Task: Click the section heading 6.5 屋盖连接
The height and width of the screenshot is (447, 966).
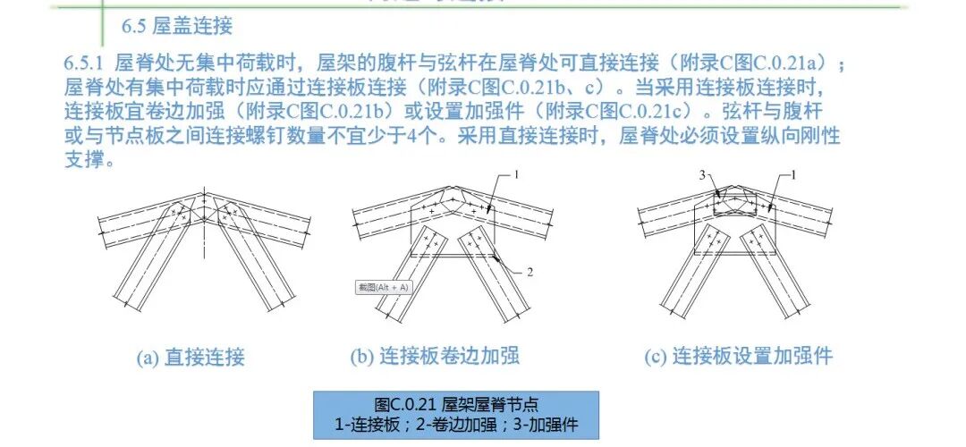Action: click(x=177, y=27)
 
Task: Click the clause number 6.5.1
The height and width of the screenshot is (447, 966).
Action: click(x=86, y=63)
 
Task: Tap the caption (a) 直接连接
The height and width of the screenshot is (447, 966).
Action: click(x=191, y=358)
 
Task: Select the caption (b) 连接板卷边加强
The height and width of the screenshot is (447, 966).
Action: click(x=435, y=357)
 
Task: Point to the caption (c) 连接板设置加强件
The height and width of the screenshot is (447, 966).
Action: click(x=739, y=357)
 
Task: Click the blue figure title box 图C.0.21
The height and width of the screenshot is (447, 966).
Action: click(x=456, y=415)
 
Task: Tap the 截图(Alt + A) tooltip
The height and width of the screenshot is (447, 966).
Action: click(x=383, y=287)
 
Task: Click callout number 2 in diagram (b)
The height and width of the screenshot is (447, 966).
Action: click(x=530, y=272)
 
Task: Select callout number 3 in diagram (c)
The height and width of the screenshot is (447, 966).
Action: click(x=702, y=175)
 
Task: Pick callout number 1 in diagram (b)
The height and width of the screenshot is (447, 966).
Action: click(x=516, y=175)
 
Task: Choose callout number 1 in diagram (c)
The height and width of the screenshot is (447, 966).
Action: click(x=793, y=175)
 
